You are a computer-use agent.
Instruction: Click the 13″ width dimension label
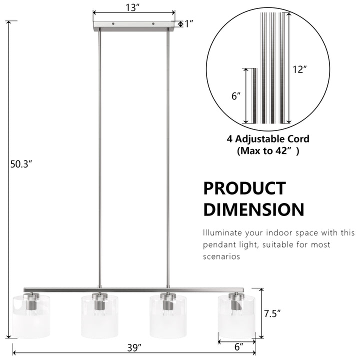pos(132,7)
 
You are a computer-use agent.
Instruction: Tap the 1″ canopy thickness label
pos(188,23)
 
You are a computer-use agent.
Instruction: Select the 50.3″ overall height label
pos(21,164)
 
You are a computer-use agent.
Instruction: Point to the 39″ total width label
pos(134,347)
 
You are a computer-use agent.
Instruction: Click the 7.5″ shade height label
pos(272,313)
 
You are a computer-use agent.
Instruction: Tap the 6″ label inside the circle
pos(236,96)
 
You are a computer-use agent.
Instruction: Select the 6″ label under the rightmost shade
pos(239,347)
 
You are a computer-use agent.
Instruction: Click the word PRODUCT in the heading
pos(244,188)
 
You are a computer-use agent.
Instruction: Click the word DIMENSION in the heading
pos(253,209)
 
